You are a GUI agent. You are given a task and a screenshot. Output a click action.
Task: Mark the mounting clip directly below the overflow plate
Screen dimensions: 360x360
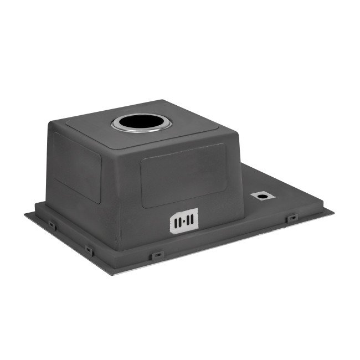(157, 255)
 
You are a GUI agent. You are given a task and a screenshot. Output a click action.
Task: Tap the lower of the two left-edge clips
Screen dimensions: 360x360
(89, 250)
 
